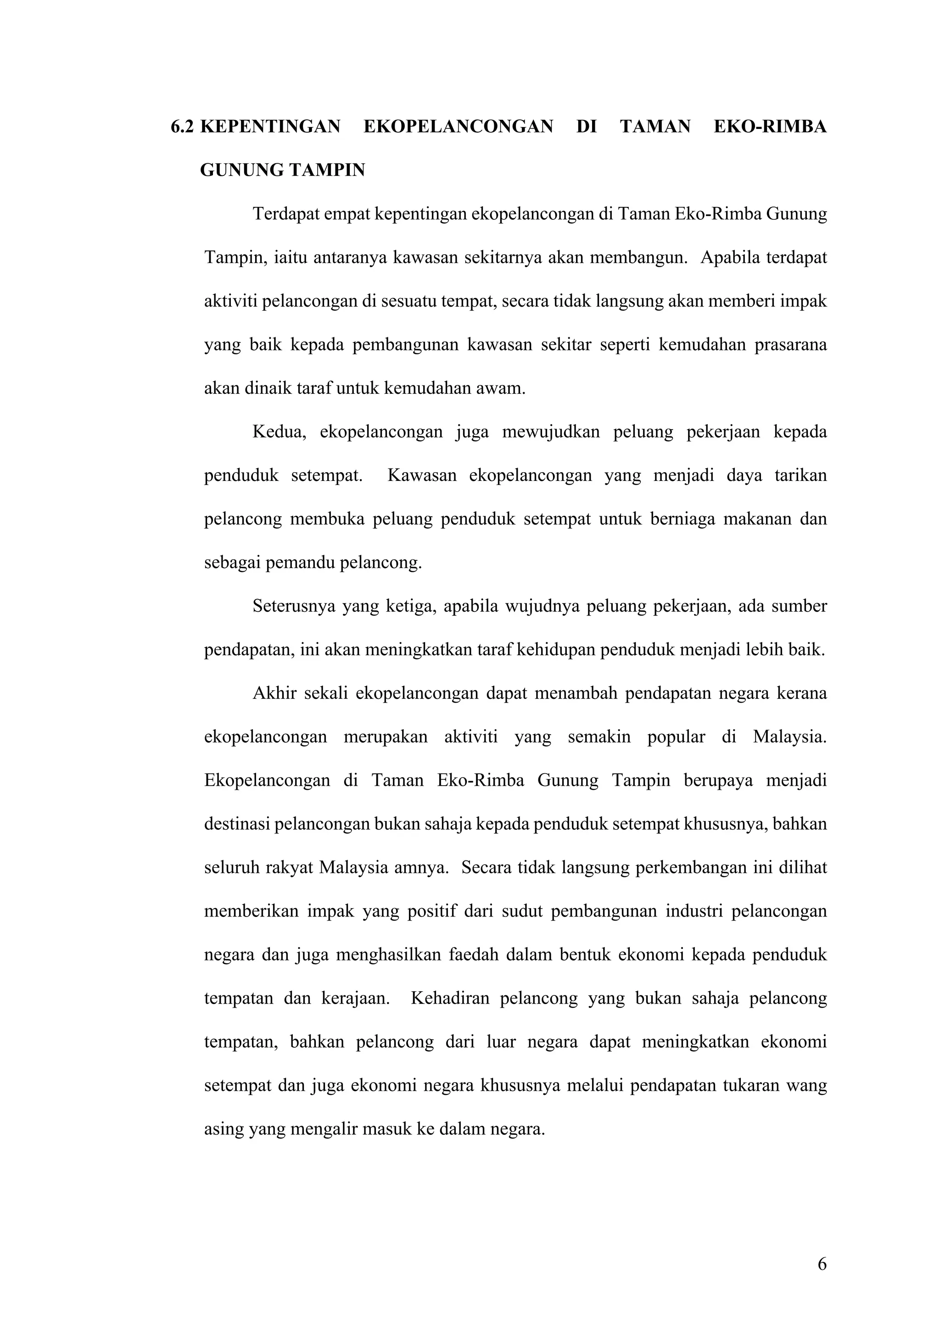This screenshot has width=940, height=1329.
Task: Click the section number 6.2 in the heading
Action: (182, 127)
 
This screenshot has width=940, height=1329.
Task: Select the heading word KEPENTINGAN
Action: (270, 127)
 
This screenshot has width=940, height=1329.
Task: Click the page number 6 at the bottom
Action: (822, 1264)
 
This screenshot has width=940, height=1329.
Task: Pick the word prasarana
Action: (791, 345)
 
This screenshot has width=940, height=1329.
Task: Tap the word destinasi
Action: (237, 824)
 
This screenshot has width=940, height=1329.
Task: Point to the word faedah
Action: (473, 955)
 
